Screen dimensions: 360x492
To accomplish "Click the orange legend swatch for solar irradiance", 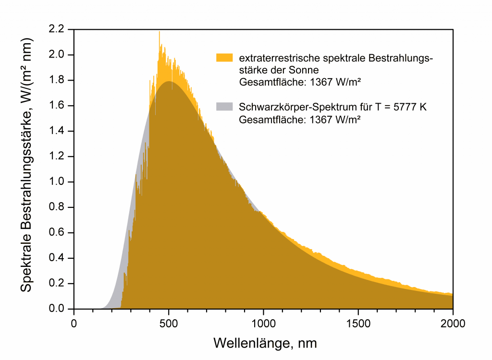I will [x=224, y=58].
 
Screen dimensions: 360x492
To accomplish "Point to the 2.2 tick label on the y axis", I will [x=58, y=29].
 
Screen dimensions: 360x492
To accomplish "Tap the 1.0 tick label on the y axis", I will [x=58, y=182].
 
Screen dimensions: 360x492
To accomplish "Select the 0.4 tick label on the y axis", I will [x=58, y=258].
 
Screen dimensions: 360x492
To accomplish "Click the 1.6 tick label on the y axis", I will [x=58, y=106].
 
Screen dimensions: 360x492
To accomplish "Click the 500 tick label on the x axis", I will [x=169, y=323].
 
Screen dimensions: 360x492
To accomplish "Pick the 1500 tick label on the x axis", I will [x=358, y=323].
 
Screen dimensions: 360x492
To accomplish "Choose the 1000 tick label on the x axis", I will [x=263, y=323].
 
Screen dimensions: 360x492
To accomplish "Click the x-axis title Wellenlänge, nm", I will [x=265, y=344].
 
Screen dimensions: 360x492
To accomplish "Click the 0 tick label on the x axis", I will [x=74, y=323].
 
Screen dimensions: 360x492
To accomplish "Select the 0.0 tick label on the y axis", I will [x=58, y=309].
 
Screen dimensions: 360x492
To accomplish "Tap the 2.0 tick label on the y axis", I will [x=58, y=55].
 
